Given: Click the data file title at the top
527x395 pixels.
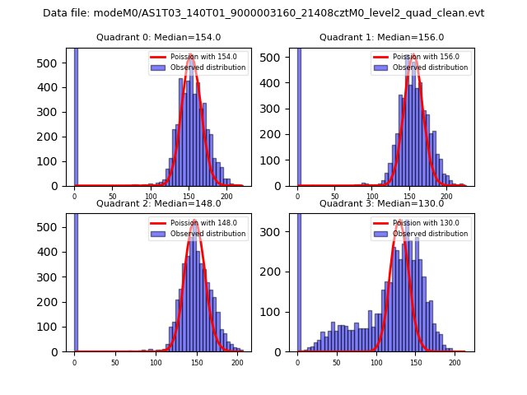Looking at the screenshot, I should pos(263,13).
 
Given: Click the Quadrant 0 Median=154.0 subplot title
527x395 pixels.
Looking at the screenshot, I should pos(159,37).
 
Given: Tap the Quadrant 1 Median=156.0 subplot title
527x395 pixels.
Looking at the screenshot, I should pos(381,37).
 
